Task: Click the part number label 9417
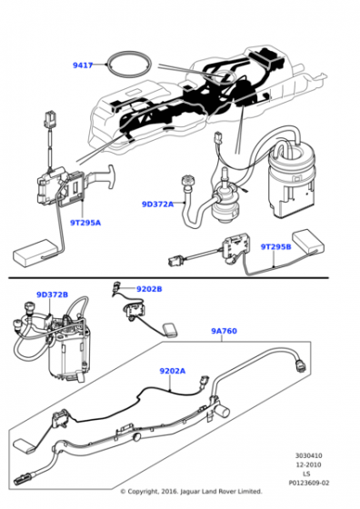pyautogui.click(x=83, y=65)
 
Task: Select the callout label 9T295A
pyautogui.click(x=85, y=223)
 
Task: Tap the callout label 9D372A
pyautogui.click(x=157, y=205)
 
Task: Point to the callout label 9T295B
pyautogui.click(x=276, y=246)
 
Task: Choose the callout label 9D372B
pyautogui.click(x=52, y=294)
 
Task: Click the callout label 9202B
pyautogui.click(x=149, y=289)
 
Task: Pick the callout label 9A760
pyautogui.click(x=224, y=331)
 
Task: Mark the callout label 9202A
pyautogui.click(x=173, y=371)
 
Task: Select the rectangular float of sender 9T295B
pyautogui.click(x=308, y=241)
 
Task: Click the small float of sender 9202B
pyautogui.click(x=170, y=330)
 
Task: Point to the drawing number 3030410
pyautogui.click(x=309, y=455)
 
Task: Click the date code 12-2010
pyautogui.click(x=308, y=464)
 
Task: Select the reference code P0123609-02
pyautogui.click(x=309, y=483)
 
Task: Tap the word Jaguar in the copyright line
pyautogui.click(x=190, y=491)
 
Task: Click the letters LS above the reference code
pyautogui.click(x=306, y=474)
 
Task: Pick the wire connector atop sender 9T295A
pyautogui.click(x=50, y=119)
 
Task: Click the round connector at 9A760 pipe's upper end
pyautogui.click(x=301, y=365)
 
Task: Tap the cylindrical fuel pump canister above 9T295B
pyautogui.click(x=291, y=183)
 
